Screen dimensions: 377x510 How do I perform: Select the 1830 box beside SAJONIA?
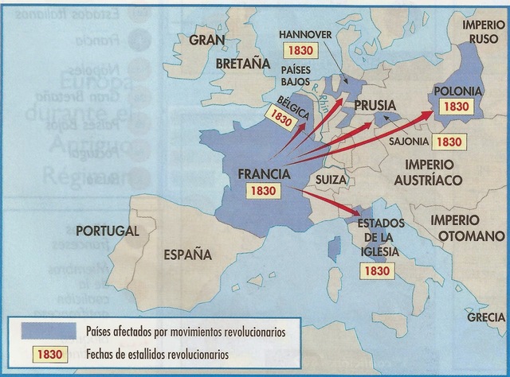click(449, 142)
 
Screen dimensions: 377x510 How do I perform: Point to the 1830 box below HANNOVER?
click(302, 48)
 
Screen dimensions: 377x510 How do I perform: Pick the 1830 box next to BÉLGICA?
click(282, 118)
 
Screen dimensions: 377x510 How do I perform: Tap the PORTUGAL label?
click(107, 231)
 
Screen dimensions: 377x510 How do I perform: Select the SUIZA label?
click(331, 180)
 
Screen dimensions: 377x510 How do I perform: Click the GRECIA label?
click(486, 317)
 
